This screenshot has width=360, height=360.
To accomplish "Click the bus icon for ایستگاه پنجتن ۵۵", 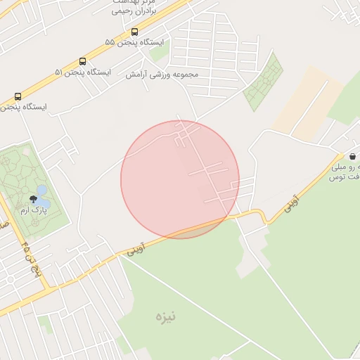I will click(x=134, y=32).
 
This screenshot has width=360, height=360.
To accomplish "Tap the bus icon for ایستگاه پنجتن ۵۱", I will click(x=83, y=61).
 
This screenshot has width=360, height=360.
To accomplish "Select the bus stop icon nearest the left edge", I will click(x=18, y=96).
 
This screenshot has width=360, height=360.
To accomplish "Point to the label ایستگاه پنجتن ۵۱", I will click(x=83, y=72).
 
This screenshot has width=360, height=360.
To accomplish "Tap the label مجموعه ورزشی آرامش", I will click(x=162, y=74).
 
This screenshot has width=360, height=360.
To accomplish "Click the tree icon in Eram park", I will click(x=32, y=199).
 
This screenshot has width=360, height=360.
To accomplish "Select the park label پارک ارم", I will click(x=33, y=210).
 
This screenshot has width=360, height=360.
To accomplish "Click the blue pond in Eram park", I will click(x=41, y=191).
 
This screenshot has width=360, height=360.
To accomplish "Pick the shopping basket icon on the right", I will click(x=352, y=155).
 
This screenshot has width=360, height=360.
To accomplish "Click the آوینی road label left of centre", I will click(x=136, y=248).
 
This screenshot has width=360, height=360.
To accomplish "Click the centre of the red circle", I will click(x=180, y=179).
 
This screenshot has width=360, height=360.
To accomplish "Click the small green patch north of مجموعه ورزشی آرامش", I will click(x=160, y=53).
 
